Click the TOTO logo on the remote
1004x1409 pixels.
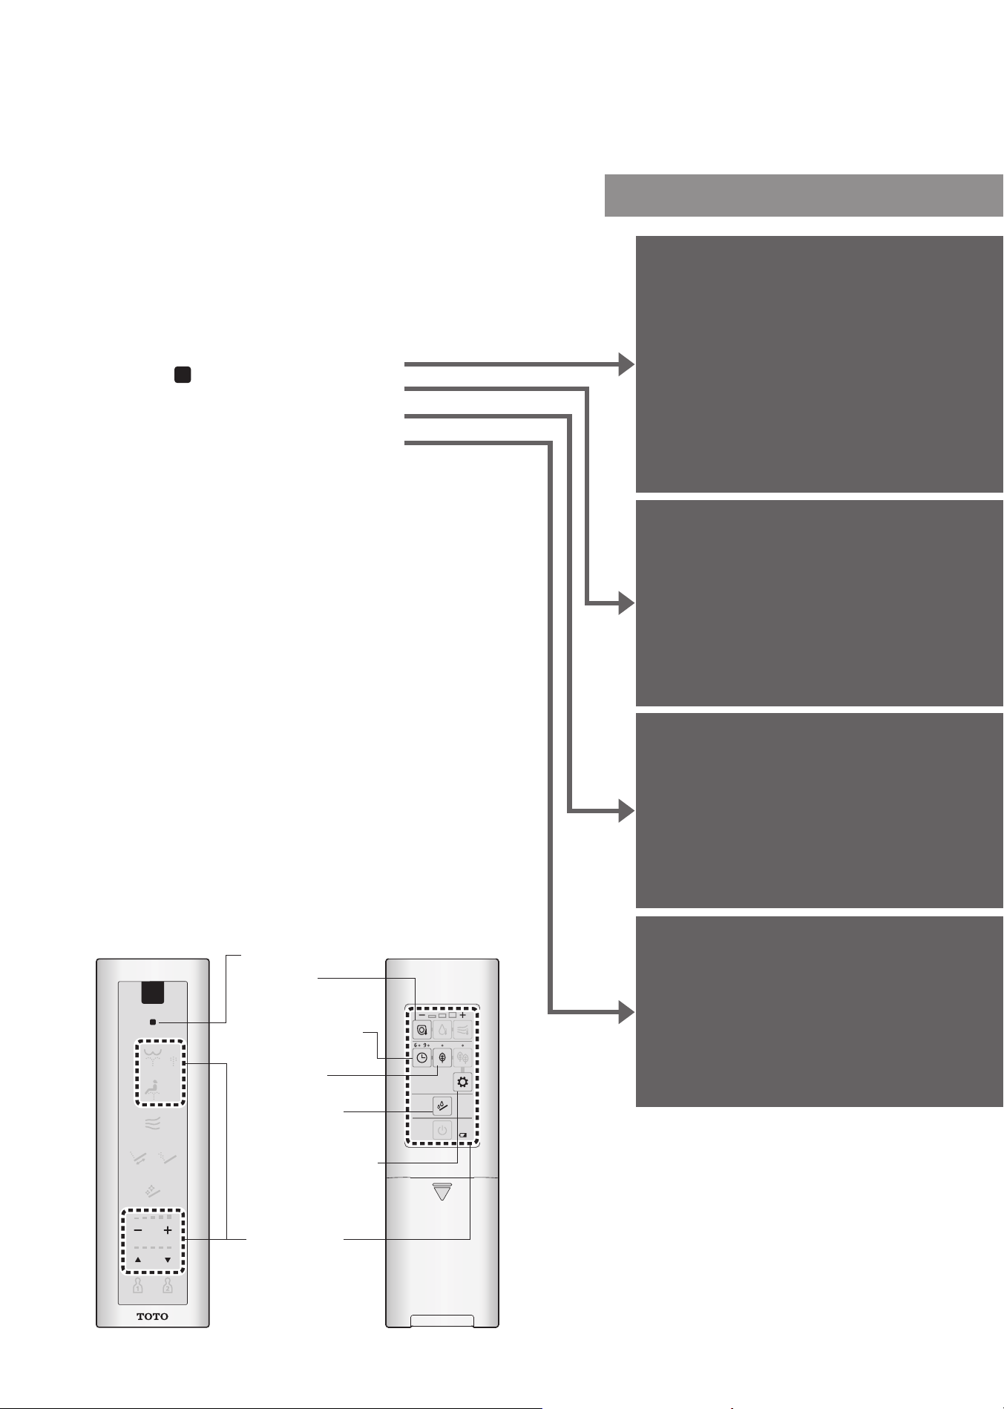tap(152, 1316)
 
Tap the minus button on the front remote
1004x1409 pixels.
tap(138, 1230)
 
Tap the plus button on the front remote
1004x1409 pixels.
tap(168, 1230)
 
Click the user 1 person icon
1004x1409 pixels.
tap(138, 1285)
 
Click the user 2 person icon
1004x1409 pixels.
tap(168, 1285)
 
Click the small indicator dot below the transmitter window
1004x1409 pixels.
tap(153, 1022)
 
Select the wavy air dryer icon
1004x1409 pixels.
tap(153, 1124)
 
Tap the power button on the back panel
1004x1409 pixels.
tap(442, 1131)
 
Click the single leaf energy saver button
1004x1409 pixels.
tap(442, 1058)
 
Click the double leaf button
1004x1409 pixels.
tap(462, 1058)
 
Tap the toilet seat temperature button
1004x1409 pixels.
tap(422, 1030)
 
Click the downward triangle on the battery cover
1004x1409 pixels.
tap(442, 1191)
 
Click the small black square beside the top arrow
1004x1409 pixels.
tap(183, 374)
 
